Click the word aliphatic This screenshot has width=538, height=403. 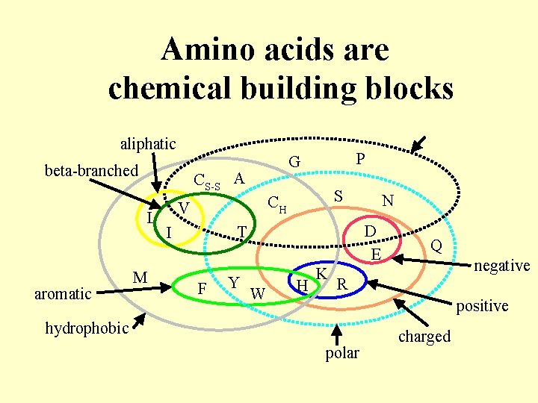tap(148, 143)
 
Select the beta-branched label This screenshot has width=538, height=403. tap(91, 170)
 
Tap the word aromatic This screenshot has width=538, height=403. tap(62, 293)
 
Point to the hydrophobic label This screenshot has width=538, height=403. tap(87, 328)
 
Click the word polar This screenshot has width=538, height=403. tap(342, 352)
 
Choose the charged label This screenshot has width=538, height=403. tap(424, 336)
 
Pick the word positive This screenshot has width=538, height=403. tap(482, 305)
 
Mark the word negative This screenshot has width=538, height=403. tap(502, 265)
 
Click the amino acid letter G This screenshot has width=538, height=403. tap(294, 162)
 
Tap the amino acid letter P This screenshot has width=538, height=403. tap(360, 159)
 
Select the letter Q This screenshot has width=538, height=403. tap(436, 246)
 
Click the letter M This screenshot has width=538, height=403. tap(140, 278)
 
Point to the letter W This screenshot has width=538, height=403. tap(258, 292)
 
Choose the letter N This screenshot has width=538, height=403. tap(387, 201)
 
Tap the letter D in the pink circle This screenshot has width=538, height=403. tap(369, 231)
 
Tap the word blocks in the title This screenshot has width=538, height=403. tap(406, 88)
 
